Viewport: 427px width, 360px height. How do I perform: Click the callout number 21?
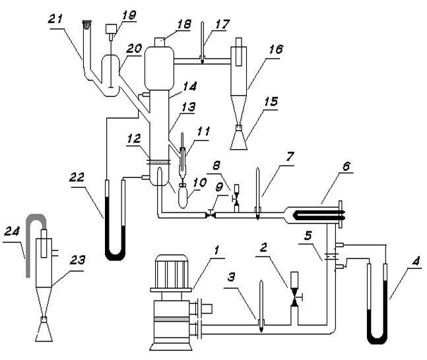(x=56, y=19)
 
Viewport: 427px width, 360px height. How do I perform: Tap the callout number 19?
(x=129, y=15)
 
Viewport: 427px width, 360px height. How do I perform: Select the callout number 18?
(x=184, y=24)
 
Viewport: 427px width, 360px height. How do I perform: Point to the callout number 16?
(x=276, y=49)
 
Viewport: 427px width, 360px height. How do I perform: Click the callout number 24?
(x=13, y=232)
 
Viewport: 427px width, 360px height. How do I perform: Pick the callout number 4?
(x=416, y=262)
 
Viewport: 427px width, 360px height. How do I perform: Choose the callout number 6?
(x=346, y=165)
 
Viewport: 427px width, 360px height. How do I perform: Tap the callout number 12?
(x=134, y=138)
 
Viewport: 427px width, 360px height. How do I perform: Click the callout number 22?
(x=77, y=177)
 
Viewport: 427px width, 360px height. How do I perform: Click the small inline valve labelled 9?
(x=211, y=215)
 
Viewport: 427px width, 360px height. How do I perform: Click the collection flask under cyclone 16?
(x=239, y=140)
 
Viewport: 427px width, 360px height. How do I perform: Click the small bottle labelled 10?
(x=182, y=196)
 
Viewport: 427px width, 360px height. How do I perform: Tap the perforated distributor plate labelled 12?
(x=159, y=162)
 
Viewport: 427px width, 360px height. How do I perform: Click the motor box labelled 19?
(x=111, y=28)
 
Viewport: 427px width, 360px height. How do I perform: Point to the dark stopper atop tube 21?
(x=87, y=25)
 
